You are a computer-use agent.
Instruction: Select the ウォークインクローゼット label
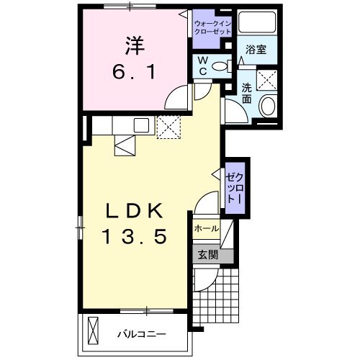coord(212,28)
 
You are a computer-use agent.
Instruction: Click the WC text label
coord(203,66)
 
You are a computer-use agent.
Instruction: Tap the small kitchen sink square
coord(123,145)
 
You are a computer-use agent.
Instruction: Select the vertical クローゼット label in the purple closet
coord(234,186)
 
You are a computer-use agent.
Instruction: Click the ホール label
coord(207,228)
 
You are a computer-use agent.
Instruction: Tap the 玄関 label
coord(207,254)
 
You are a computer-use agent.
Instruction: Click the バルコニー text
coord(142,334)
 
